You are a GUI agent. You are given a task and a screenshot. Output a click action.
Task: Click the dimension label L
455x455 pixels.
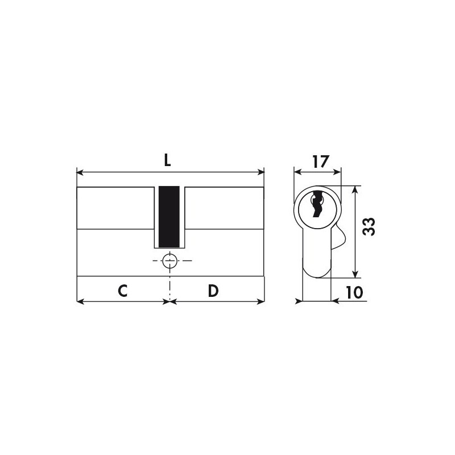pos(167,160)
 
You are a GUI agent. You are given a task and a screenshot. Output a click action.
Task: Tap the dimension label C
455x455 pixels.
pos(123,291)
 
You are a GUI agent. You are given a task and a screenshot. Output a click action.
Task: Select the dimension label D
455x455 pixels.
pos(213,291)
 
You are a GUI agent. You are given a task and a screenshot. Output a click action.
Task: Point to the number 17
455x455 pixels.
pos(321,162)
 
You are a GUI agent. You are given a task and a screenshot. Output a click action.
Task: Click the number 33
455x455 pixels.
pos(369,226)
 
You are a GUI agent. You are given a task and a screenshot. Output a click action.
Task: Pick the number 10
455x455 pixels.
pos(354,292)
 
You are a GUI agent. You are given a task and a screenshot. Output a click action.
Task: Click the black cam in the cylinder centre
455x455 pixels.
pos(169,217)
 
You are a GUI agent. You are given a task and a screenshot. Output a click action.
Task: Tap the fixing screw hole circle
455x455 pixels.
pos(169,260)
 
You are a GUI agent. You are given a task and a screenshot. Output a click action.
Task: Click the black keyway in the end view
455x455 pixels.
pos(317,204)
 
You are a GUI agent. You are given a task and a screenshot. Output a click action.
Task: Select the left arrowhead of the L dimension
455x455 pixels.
pos(80,172)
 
